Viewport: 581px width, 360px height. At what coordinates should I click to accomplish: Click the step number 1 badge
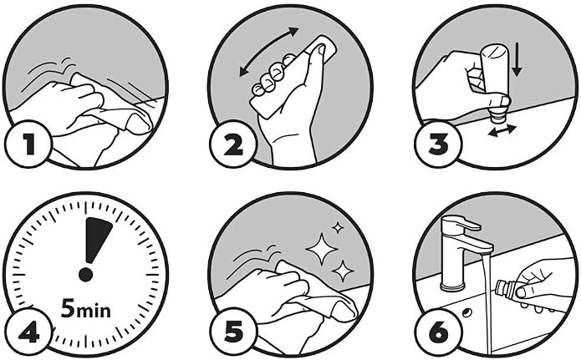coord(28,145)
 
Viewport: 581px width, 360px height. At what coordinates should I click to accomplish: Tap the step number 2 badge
coord(233,145)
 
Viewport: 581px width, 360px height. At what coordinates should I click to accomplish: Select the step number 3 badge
coord(438,145)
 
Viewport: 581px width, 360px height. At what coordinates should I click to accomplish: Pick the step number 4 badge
coord(28,332)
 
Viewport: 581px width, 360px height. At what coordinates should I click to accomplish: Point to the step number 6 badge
coord(439,332)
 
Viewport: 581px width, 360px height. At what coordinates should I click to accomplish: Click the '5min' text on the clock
coord(85,308)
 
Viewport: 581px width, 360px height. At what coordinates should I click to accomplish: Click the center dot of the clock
coord(85,275)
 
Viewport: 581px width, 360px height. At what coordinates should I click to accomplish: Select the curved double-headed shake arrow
coord(269,52)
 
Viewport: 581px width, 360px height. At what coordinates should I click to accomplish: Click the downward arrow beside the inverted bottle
coord(517,59)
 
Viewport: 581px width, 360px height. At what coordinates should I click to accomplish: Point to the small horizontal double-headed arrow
coord(502,131)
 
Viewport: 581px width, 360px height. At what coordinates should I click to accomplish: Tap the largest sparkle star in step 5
coord(322,249)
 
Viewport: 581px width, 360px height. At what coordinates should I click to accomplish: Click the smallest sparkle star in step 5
coord(338,227)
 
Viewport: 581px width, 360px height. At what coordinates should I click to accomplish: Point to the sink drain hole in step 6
coord(466,312)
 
